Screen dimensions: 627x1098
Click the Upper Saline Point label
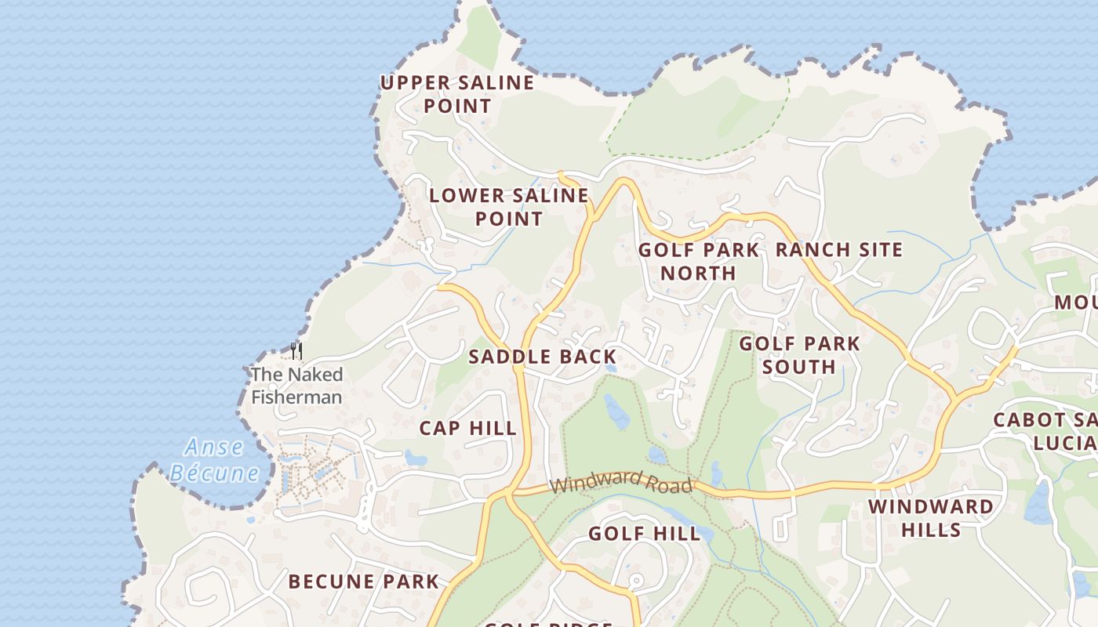click(x=457, y=94)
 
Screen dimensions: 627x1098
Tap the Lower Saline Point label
click(x=508, y=207)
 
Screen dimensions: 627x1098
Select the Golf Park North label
click(x=698, y=262)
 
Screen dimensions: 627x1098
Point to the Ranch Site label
click(x=839, y=250)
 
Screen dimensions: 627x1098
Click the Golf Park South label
click(x=799, y=355)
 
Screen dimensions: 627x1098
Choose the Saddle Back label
click(x=543, y=357)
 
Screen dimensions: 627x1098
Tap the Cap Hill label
click(x=467, y=429)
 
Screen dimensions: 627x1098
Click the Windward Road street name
click(x=621, y=482)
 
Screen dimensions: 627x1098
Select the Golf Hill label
click(x=644, y=534)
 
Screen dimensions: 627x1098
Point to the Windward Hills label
click(x=930, y=518)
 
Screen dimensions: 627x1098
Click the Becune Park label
click(x=363, y=582)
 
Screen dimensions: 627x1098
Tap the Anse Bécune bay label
click(x=213, y=460)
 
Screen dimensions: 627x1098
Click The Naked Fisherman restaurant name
click(x=296, y=386)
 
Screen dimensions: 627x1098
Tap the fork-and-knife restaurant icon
click(x=296, y=350)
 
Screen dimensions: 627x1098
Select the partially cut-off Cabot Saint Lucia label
click(x=1045, y=431)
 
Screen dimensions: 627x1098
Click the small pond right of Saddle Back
click(x=611, y=367)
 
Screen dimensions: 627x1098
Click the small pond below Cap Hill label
click(x=415, y=458)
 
